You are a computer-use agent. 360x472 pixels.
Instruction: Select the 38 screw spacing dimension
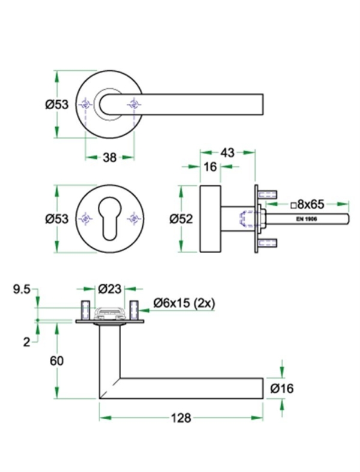click(x=109, y=158)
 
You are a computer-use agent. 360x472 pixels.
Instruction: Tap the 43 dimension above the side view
click(x=227, y=152)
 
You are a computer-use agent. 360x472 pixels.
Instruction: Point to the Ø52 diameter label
click(x=180, y=220)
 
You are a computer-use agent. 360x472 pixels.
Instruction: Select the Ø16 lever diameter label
click(x=281, y=389)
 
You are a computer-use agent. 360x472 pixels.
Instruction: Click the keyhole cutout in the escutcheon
click(x=109, y=221)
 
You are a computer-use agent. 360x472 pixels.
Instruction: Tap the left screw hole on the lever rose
click(x=86, y=106)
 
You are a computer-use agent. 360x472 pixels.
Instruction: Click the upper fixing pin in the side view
click(x=267, y=194)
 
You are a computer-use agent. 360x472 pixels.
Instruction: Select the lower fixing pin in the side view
click(x=267, y=243)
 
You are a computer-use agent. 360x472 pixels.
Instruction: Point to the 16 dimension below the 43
click(x=209, y=167)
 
